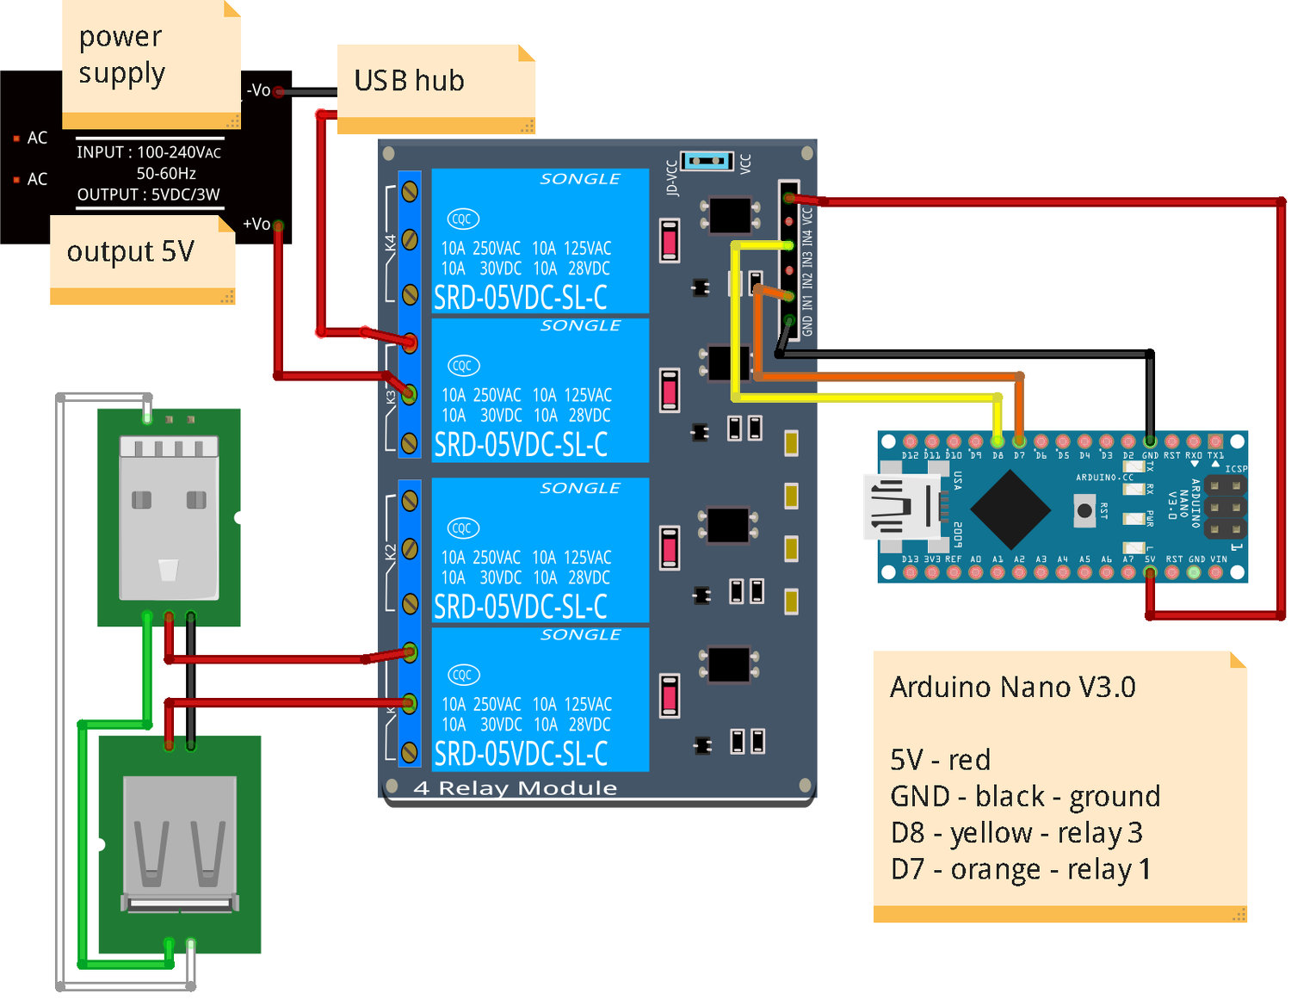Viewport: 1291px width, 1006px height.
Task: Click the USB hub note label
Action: pos(410,81)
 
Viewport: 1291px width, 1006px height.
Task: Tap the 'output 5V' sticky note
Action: pos(131,251)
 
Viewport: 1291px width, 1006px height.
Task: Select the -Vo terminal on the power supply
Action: pos(279,91)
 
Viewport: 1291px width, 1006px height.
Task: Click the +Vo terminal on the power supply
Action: pos(278,225)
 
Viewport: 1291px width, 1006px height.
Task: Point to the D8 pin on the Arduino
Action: pos(998,441)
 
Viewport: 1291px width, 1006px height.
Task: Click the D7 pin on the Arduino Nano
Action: pos(1019,441)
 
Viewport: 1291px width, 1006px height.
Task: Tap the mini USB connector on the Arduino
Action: pos(900,508)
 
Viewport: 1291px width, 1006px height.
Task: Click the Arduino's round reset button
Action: pos(1084,510)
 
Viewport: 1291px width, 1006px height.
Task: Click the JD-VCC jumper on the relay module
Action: pos(707,161)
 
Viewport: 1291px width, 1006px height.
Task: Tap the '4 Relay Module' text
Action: pos(516,787)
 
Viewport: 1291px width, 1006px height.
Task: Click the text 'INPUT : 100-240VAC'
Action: pos(149,152)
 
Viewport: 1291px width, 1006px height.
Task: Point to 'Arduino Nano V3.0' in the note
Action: pos(1013,687)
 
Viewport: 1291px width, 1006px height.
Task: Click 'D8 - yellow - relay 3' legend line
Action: pos(1016,833)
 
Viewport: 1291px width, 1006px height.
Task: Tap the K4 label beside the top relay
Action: pos(391,243)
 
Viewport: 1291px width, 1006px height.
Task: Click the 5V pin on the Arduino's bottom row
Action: pos(1150,572)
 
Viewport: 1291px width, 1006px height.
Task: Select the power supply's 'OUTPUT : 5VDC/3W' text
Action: pos(149,194)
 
